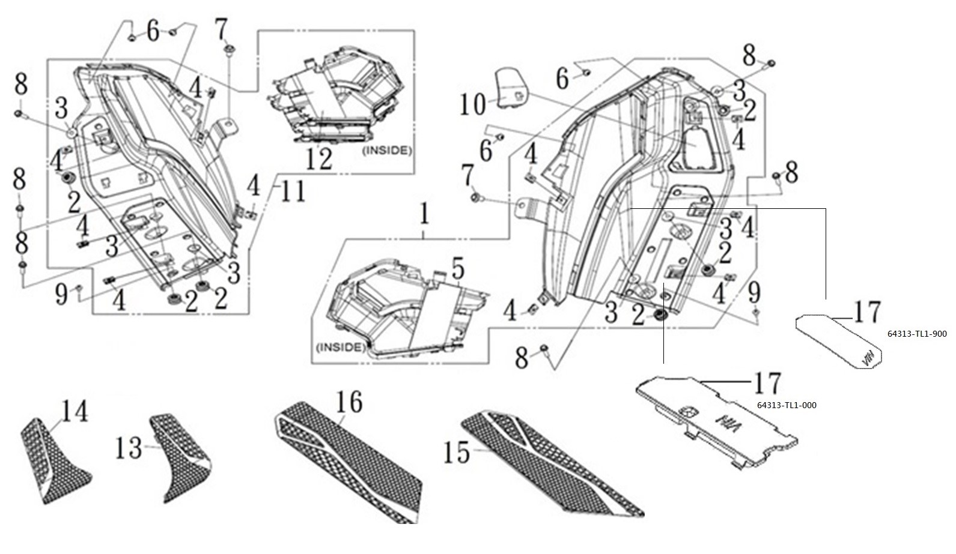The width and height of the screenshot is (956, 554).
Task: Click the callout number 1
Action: tap(424, 215)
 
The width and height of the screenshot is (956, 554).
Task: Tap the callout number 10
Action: tap(473, 104)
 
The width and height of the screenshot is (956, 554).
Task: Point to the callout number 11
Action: tap(291, 192)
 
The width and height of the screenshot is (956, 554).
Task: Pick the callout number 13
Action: tap(129, 448)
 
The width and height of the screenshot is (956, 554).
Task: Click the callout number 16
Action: tap(349, 402)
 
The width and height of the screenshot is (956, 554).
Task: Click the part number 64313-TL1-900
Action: tap(917, 334)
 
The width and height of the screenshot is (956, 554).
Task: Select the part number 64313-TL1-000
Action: tap(786, 405)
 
